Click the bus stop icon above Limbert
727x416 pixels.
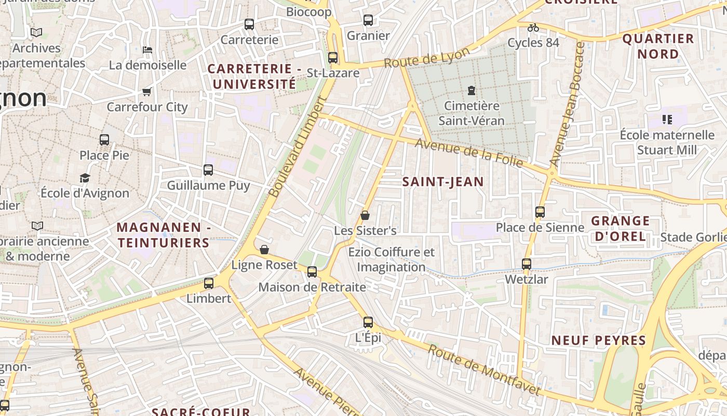(209, 283)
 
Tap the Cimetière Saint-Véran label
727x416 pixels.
(471, 113)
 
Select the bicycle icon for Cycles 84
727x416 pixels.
(533, 28)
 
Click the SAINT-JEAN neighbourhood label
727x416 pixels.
(443, 181)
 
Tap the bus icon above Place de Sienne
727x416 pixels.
(540, 212)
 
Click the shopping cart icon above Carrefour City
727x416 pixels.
(147, 92)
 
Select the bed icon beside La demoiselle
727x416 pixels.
(147, 50)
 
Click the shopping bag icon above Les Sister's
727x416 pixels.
(365, 215)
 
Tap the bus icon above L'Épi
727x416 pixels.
(368, 322)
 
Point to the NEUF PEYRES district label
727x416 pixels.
(598, 341)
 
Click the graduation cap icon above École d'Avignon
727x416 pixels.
(85, 178)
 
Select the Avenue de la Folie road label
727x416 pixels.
(468, 153)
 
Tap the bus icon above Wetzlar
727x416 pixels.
(527, 264)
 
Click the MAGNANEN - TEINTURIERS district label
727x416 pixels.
(163, 235)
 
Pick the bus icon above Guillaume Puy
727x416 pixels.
(208, 170)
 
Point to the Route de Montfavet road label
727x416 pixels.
(483, 369)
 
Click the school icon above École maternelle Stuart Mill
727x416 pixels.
(667, 120)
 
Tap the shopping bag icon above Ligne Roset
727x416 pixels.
(264, 250)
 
